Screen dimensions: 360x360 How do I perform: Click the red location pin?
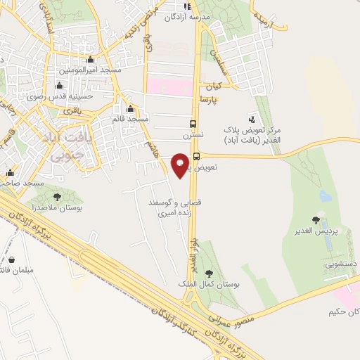click(x=181, y=165)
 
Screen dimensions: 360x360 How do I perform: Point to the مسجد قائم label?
click(x=128, y=119)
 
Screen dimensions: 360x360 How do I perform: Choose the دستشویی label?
click(x=340, y=265)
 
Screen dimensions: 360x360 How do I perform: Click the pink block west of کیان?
click(x=169, y=87)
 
